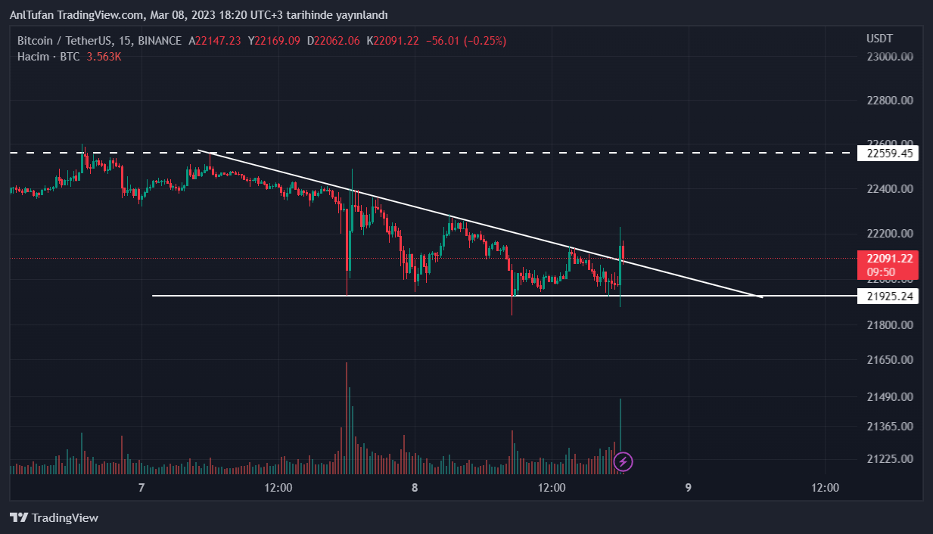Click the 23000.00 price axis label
coord(889,57)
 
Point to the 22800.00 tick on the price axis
coord(889,101)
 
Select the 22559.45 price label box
coord(887,154)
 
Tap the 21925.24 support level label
coord(887,296)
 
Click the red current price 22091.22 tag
coord(887,259)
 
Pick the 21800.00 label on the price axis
coord(889,325)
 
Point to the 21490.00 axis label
coord(889,397)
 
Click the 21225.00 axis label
coord(889,459)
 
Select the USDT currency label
coord(879,39)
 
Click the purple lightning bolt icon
coord(623,461)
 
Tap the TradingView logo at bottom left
coord(54,518)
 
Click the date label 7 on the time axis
coord(142,488)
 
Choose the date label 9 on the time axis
coord(688,488)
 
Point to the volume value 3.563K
coord(104,57)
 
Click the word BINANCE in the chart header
coord(160,41)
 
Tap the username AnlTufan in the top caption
coord(33,15)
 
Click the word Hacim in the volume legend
coord(33,57)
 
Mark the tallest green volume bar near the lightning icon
coord(620,431)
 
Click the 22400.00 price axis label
coord(889,188)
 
